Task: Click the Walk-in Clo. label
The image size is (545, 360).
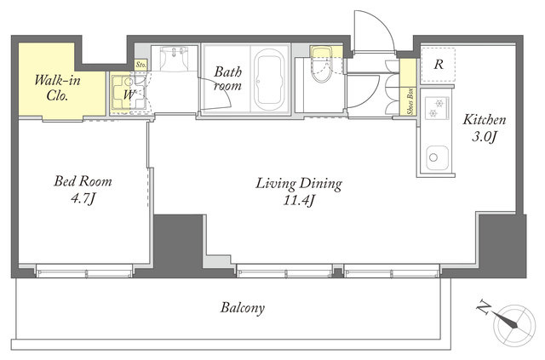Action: [57, 88]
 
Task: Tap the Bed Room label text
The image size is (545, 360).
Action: [83, 181]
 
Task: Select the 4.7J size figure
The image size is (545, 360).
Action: [83, 199]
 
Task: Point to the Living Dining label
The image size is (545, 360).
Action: [299, 184]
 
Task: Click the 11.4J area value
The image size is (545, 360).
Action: [299, 201]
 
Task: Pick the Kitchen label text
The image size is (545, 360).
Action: [485, 120]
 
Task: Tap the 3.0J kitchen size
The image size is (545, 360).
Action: [484, 137]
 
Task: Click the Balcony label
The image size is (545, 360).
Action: [243, 308]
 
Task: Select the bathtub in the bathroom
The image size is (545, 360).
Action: [269, 80]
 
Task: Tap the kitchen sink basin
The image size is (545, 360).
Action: [437, 157]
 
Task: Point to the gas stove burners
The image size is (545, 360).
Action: [437, 108]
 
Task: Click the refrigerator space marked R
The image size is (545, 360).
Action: [438, 65]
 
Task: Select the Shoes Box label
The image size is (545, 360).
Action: [411, 101]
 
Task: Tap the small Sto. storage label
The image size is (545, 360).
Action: [141, 65]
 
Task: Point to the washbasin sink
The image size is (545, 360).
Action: [174, 59]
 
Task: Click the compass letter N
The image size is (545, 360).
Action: [484, 308]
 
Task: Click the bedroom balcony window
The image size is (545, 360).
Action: [84, 271]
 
